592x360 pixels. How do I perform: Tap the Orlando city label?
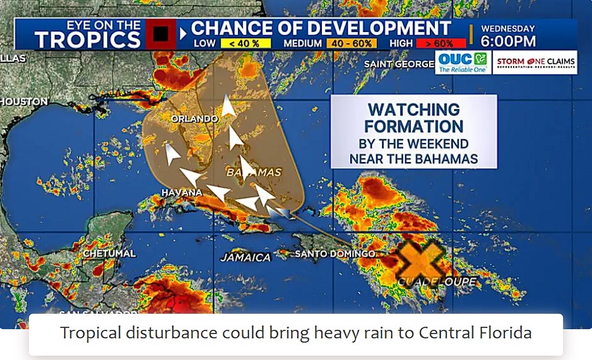pos(194,118)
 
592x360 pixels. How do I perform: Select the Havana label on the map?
pos(181,193)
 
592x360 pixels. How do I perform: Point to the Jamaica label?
pos(245,257)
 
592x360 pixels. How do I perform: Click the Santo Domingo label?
pos(335,254)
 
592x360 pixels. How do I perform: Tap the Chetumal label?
pos(109,253)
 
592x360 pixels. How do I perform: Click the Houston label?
pos(23,102)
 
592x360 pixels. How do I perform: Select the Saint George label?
pos(398,64)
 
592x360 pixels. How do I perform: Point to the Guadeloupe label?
pos(437,282)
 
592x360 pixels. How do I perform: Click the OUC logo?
pos(462,62)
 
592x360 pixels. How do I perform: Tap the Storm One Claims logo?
pos(535,62)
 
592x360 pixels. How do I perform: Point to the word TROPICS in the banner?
pos(88,39)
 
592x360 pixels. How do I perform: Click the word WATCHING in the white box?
pos(414,110)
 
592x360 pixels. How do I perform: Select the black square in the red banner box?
pos(161,34)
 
